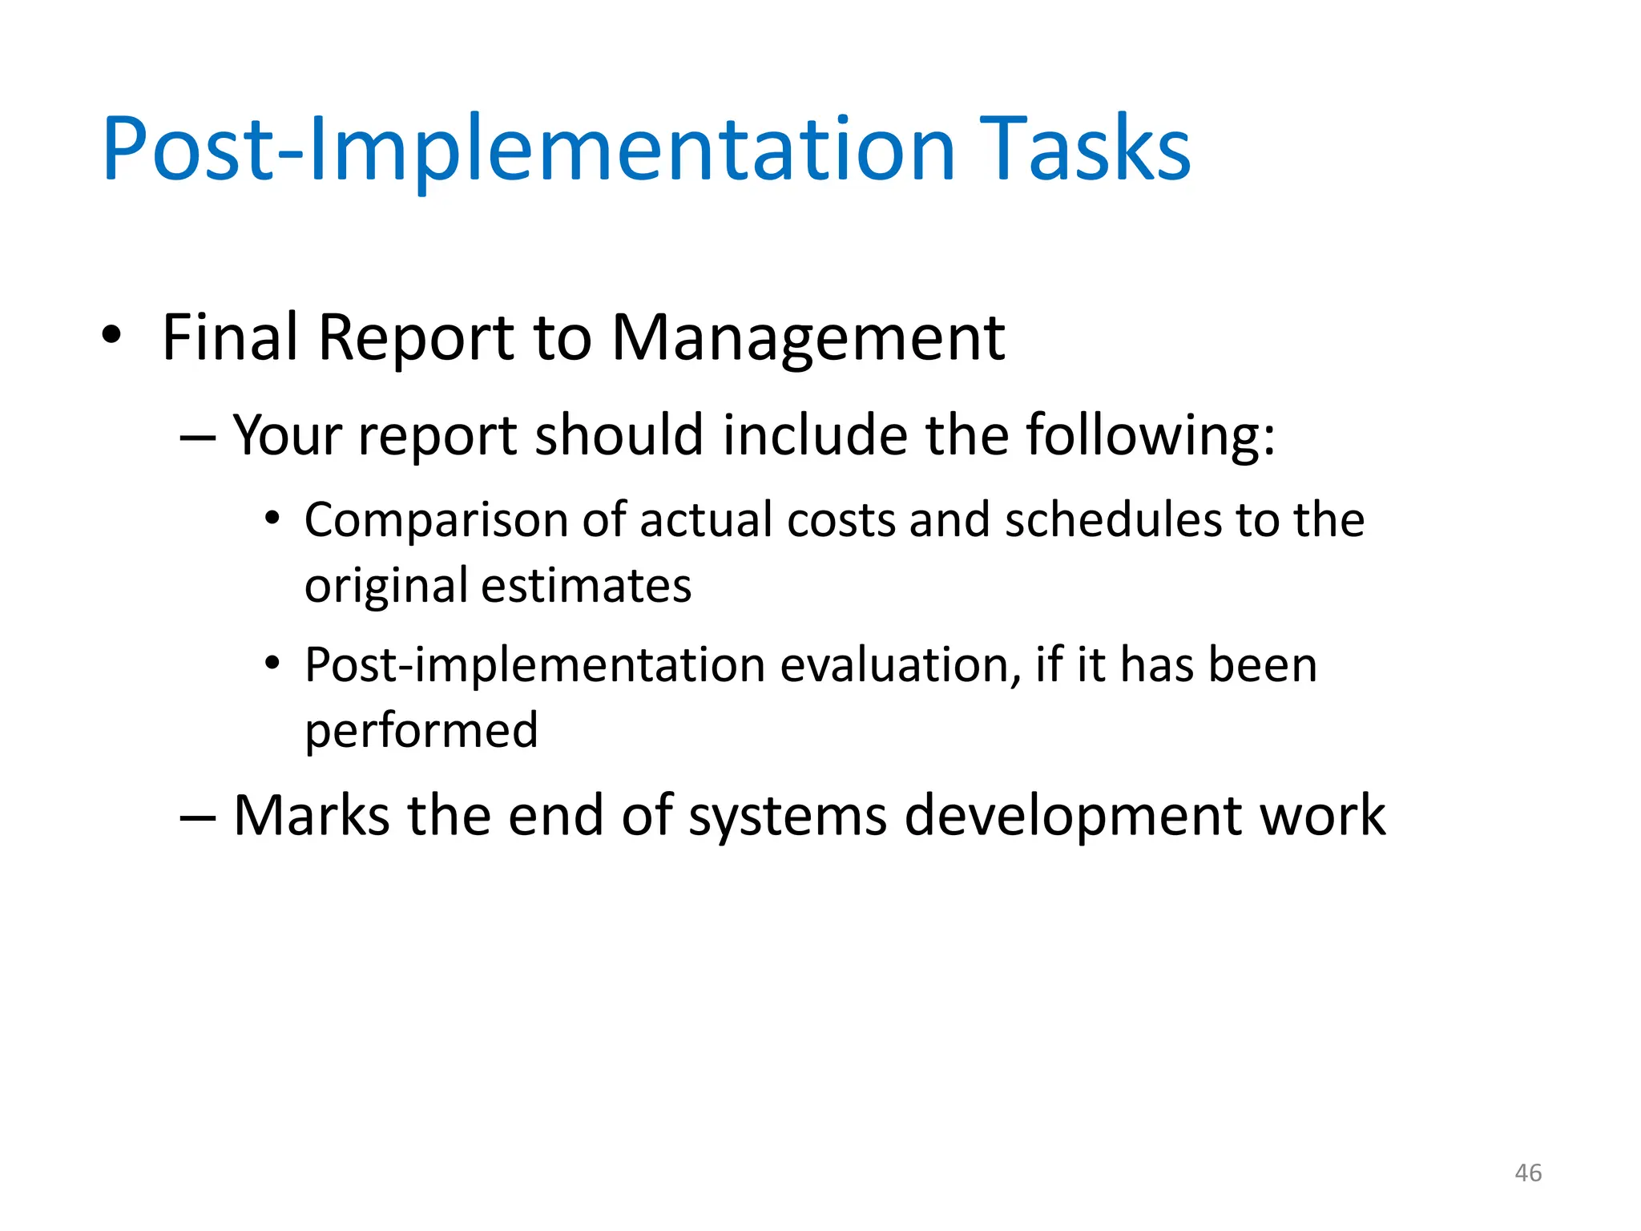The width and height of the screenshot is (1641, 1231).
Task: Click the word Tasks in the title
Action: point(1085,149)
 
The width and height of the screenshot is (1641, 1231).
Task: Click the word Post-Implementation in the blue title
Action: point(529,149)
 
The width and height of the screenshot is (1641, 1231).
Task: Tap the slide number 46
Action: point(1528,1172)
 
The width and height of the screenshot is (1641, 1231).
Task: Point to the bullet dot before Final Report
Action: point(111,335)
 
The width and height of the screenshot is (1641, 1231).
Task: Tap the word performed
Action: point(421,731)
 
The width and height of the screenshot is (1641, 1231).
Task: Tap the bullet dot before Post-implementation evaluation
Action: point(272,664)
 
